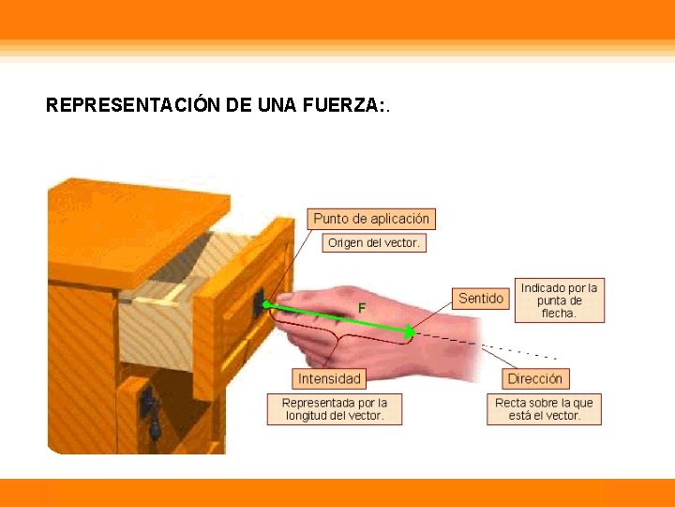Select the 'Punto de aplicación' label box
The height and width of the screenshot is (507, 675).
[371, 219]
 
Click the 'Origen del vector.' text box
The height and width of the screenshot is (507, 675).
[374, 243]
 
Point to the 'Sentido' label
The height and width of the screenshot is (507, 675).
[481, 299]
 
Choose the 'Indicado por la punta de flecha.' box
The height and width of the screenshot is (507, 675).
[559, 300]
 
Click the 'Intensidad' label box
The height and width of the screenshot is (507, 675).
[329, 379]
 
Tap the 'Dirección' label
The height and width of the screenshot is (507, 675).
[534, 379]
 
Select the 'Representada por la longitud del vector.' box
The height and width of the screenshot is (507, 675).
[335, 408]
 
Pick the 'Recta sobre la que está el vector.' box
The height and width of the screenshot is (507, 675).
[544, 408]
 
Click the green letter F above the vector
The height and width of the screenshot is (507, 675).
[362, 307]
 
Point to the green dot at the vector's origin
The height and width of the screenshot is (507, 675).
[266, 304]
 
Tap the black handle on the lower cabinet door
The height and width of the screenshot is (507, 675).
[148, 406]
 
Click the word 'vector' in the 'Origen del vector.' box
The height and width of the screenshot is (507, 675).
[400, 243]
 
